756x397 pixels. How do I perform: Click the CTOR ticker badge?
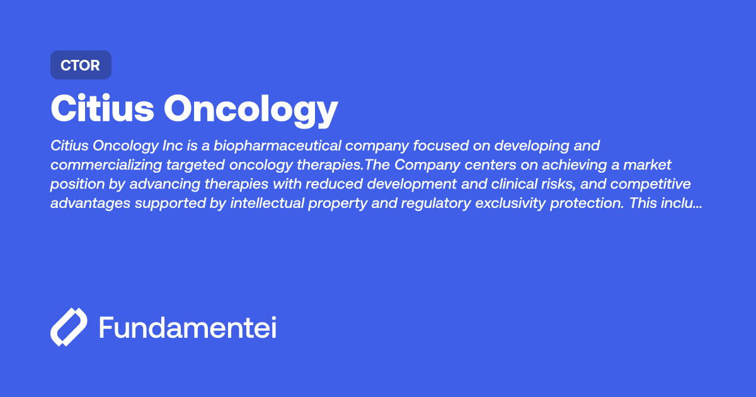pyautogui.click(x=81, y=65)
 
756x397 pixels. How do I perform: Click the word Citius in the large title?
pyautogui.click(x=102, y=108)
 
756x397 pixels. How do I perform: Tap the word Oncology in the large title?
pyautogui.click(x=251, y=110)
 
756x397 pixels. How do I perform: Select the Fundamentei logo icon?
pyautogui.click(x=69, y=327)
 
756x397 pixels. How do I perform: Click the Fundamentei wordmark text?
pyautogui.click(x=188, y=327)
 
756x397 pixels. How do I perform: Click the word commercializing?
pyautogui.click(x=106, y=164)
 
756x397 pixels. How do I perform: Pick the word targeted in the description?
pyautogui.click(x=195, y=165)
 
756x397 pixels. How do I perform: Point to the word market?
pyautogui.click(x=647, y=164)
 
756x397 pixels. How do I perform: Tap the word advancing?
pyautogui.click(x=164, y=184)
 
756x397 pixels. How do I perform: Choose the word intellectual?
pyautogui.click(x=267, y=203)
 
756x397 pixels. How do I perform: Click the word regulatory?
pyautogui.click(x=436, y=204)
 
